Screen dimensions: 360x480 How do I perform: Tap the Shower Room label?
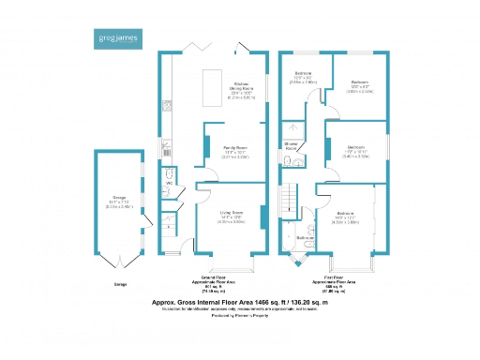pos(291,147)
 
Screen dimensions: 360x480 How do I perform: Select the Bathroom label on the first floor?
pos(305,238)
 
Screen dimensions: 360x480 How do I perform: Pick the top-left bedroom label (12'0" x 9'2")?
pos(304,77)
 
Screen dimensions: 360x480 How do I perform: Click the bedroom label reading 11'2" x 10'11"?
pos(355,151)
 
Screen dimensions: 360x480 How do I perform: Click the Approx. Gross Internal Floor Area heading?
pos(239,304)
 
